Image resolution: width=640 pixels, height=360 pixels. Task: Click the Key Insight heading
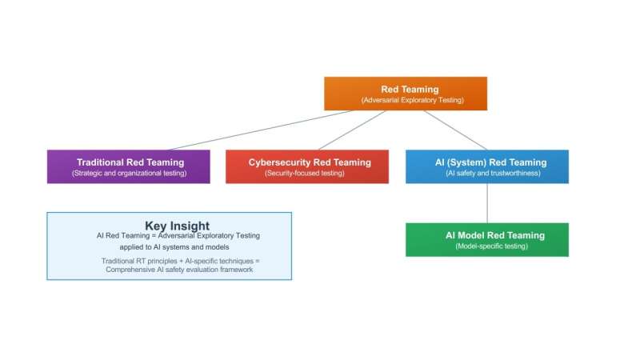coord(177,226)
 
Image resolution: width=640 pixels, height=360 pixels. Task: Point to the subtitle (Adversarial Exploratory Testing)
coord(410,100)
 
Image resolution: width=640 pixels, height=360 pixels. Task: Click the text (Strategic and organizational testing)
coord(128,173)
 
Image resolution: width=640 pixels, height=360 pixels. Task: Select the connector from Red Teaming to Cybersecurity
coord(352,130)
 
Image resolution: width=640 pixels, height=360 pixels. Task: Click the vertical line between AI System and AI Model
coord(486,203)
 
